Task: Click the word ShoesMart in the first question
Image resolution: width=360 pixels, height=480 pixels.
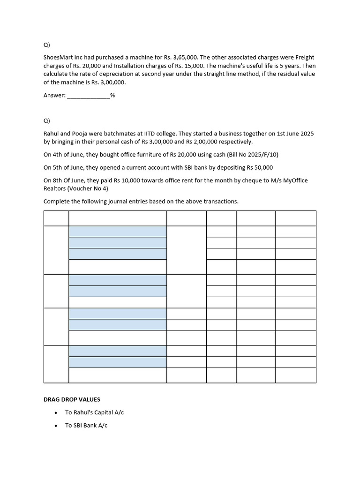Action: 59,57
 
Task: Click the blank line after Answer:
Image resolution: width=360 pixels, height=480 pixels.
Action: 89,95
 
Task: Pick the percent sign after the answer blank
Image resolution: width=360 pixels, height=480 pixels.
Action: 112,95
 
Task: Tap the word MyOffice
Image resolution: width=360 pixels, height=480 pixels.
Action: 293,180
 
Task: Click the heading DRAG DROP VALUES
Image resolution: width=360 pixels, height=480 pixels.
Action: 72,399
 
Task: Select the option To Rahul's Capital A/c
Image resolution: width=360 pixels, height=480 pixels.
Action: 94,412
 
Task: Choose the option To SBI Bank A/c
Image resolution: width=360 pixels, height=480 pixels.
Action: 86,425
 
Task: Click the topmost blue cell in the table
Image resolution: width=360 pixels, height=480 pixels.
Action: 118,232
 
